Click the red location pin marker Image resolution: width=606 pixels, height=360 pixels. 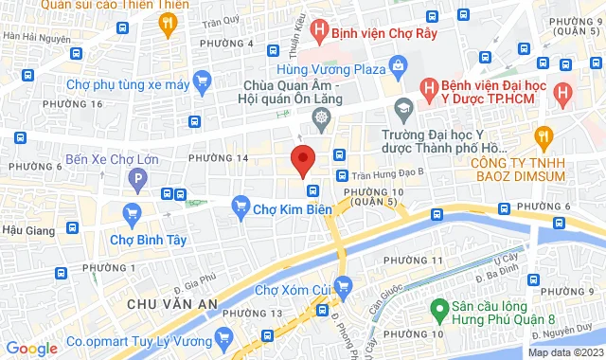coord(302,159)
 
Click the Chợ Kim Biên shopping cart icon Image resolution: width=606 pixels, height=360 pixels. coord(241,204)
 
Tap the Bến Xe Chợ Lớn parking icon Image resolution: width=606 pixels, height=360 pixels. coord(140,176)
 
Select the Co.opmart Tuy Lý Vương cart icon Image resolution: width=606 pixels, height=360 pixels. coord(224,336)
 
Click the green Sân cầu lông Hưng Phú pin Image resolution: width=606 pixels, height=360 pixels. coord(439,308)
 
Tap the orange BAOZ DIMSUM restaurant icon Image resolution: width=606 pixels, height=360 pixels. coord(543,137)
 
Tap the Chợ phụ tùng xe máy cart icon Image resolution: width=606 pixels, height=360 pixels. coord(200,83)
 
